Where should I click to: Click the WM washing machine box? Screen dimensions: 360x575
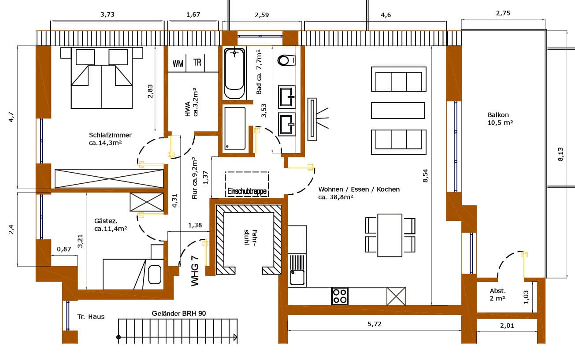[x=178, y=63]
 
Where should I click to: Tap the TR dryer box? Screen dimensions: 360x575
[x=197, y=63]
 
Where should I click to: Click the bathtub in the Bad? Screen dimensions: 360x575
[x=234, y=74]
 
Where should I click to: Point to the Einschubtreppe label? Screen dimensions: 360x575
[x=247, y=192]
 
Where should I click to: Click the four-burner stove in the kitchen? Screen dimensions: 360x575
[x=340, y=296]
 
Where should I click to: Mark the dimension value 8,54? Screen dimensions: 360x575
[x=425, y=174]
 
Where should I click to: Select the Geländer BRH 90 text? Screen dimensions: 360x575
[x=178, y=313]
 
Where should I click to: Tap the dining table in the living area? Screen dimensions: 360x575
[x=390, y=235]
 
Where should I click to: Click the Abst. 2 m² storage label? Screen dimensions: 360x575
[x=497, y=294]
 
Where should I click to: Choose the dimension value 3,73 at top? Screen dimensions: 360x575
[x=108, y=15]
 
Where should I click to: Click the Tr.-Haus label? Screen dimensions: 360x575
[x=91, y=316]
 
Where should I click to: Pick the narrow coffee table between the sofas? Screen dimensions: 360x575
[x=398, y=110]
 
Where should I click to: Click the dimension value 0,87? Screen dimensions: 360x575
[x=64, y=249]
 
